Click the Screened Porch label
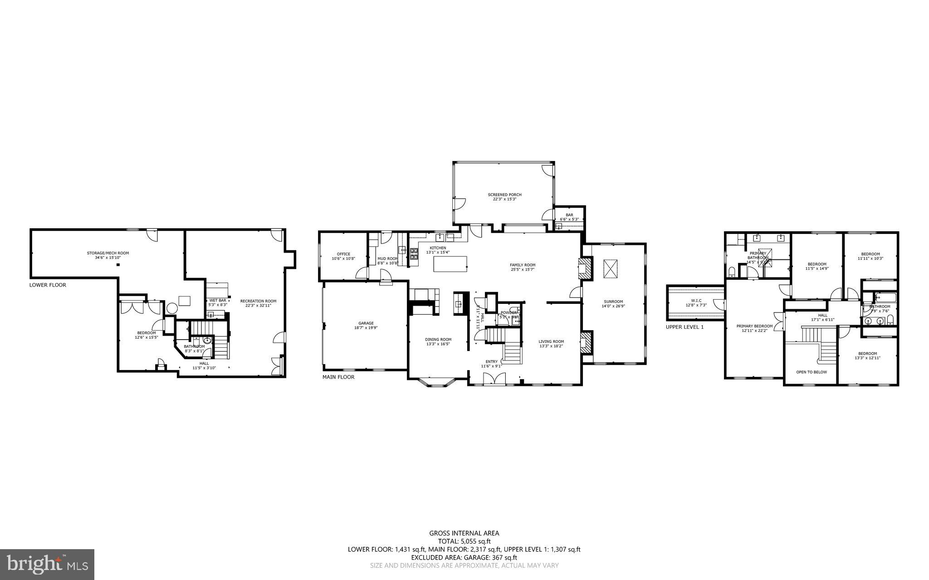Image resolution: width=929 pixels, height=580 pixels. pos(504,195)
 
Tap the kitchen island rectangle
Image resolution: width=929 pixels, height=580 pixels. pos(450,264)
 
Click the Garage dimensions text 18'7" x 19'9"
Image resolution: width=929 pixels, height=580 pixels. pos(366,327)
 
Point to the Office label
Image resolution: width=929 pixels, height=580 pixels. pos(343,254)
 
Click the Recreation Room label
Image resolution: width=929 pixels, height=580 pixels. pos(258,301)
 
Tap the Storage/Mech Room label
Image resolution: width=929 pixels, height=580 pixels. pos(105,253)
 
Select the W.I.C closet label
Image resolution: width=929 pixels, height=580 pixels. pos(696,300)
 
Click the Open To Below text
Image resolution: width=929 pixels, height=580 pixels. pos(811,372)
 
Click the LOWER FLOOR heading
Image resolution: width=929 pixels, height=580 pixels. pos(48,285)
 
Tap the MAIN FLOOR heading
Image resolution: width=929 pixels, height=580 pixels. pos(338,377)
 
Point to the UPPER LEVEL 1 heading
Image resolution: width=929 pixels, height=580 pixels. pos(685,327)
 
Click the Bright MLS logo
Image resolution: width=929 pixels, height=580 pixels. pos(47,564)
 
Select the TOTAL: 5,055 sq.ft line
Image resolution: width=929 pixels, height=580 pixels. pos(464,541)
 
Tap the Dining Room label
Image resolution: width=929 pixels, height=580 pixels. pos(438,339)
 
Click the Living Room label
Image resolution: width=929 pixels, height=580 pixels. pos(551,341)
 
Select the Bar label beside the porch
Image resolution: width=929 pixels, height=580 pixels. pos(569,215)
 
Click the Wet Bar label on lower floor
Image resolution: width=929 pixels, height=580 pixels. pos(217,300)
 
